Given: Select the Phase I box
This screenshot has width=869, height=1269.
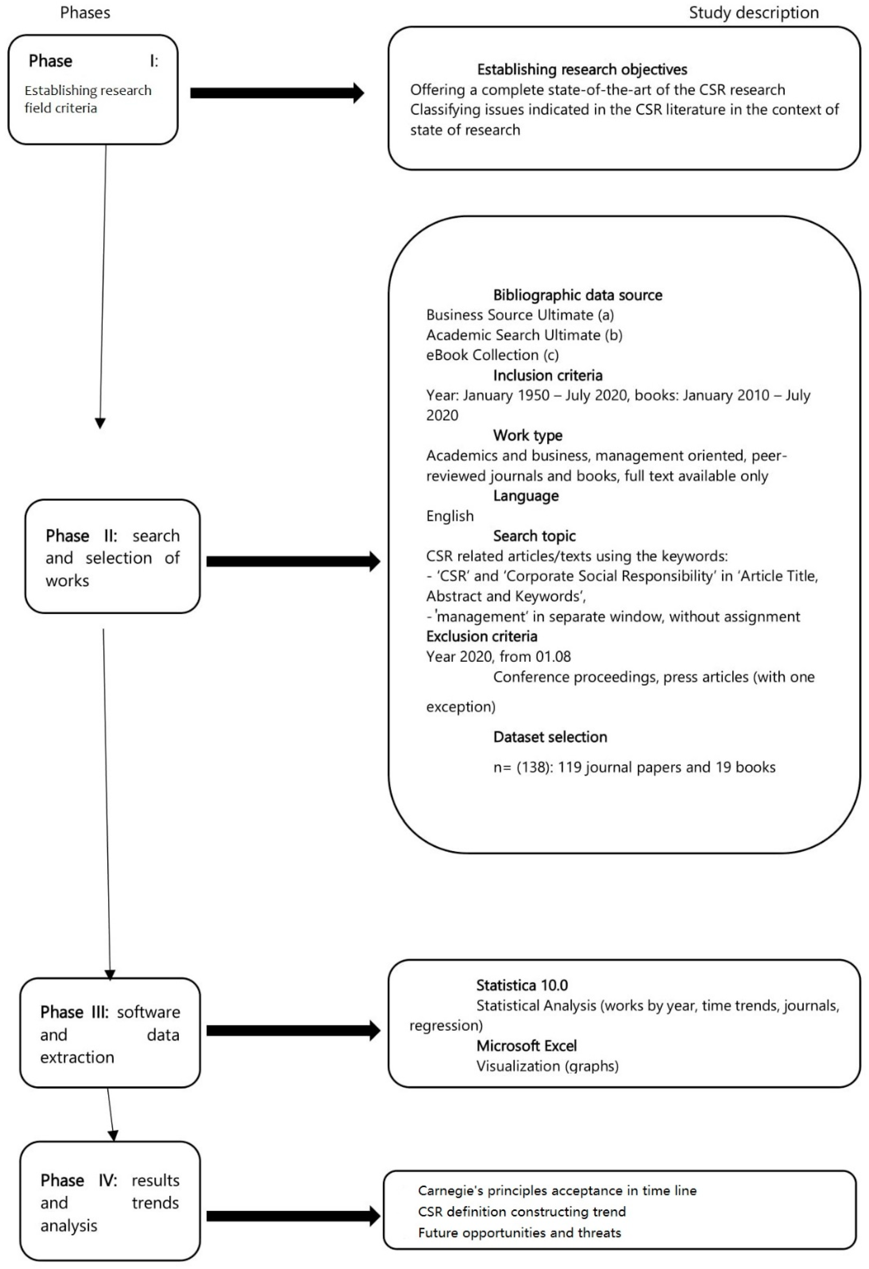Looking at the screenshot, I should pyautogui.click(x=93, y=90).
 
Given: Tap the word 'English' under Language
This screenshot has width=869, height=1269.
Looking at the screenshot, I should pyautogui.click(x=450, y=516).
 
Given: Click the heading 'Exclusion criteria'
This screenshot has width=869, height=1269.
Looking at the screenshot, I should pyautogui.click(x=481, y=636).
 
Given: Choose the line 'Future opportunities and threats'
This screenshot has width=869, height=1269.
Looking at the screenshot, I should pyautogui.click(x=520, y=1233).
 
